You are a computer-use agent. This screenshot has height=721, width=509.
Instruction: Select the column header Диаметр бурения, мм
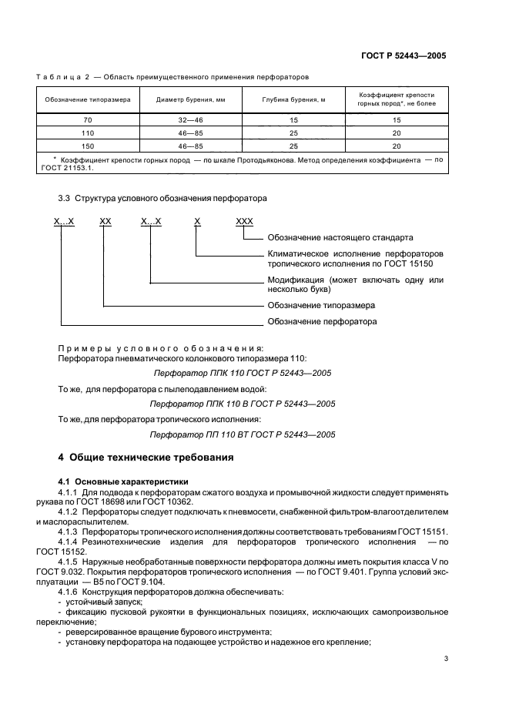[x=190, y=100]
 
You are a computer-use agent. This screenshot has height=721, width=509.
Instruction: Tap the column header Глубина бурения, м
[x=293, y=100]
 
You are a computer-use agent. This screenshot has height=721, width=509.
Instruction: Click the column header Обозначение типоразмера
[x=87, y=100]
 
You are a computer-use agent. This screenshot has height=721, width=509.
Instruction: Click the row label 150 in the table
[x=87, y=146]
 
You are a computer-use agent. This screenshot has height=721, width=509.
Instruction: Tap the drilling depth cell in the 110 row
[x=293, y=133]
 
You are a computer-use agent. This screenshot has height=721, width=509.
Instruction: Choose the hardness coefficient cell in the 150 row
[x=397, y=146]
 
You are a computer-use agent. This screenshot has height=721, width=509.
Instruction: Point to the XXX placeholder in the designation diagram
[x=244, y=221]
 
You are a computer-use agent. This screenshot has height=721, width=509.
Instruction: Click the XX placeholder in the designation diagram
[x=105, y=221]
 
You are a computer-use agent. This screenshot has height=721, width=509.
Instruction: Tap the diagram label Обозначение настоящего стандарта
[x=340, y=237]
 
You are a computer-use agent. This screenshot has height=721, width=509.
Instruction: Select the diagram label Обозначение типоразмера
[x=320, y=305]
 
